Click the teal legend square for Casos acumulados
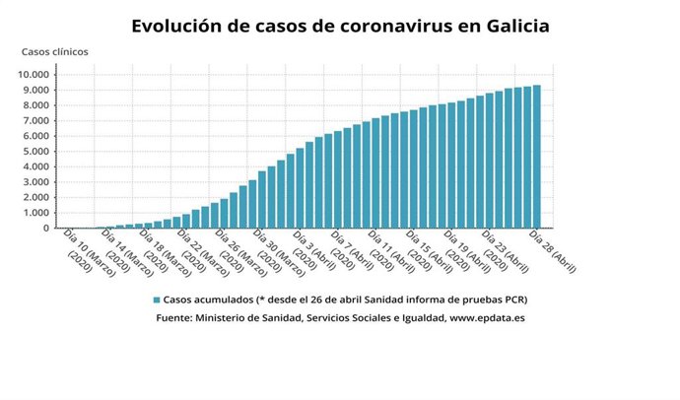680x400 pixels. click(x=156, y=300)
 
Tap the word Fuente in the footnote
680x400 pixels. click(x=174, y=318)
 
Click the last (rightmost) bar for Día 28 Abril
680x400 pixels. click(x=536, y=157)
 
